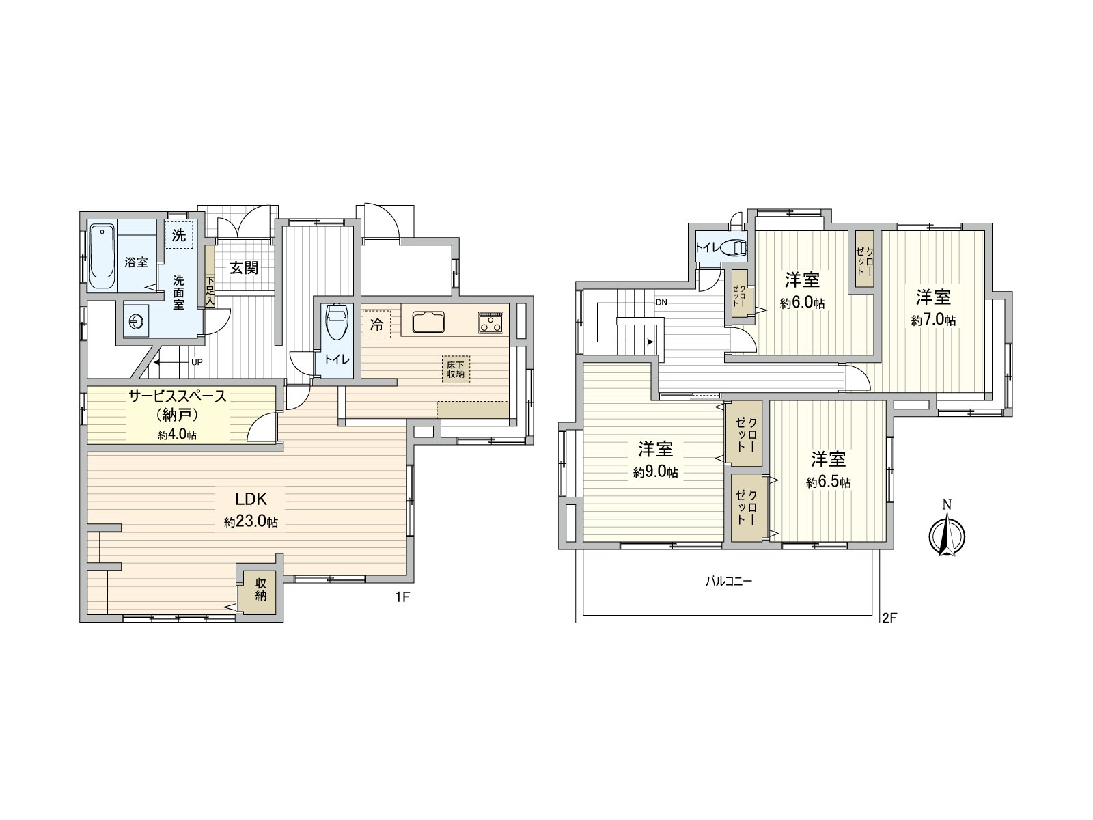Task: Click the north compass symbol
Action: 946,533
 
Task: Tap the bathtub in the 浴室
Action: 102,256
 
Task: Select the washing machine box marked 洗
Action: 179,236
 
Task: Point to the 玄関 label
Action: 243,267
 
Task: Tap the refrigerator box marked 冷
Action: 376,325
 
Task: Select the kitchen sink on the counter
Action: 428,321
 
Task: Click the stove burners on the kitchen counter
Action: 491,322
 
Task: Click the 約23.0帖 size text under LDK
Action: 251,522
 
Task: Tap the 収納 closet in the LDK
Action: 260,589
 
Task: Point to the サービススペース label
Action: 178,397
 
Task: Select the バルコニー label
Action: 728,582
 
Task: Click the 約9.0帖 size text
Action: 655,472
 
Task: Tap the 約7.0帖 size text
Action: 933,320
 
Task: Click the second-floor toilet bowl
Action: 734,247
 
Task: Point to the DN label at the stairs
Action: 661,302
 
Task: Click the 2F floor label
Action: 888,618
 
